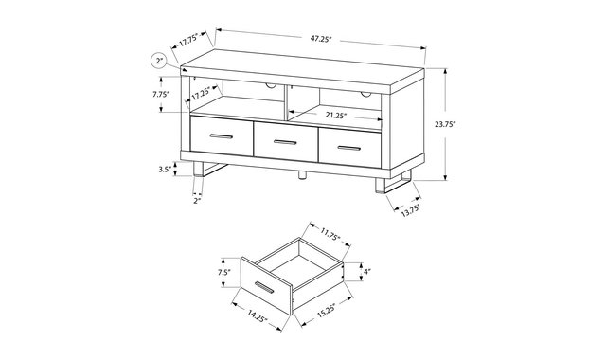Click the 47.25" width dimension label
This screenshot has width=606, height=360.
(x=321, y=39)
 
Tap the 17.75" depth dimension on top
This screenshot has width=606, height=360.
(x=188, y=40)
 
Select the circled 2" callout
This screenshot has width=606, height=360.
(x=159, y=61)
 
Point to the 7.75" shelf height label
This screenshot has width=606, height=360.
(x=161, y=94)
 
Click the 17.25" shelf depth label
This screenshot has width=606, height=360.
(x=201, y=93)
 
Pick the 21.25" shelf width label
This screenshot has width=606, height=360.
(x=336, y=115)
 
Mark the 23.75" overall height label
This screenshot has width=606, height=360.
(x=445, y=124)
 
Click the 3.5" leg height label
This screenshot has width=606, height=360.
(x=165, y=169)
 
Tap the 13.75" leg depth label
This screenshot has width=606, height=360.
(x=410, y=210)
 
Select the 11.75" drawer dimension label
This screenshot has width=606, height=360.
(x=330, y=234)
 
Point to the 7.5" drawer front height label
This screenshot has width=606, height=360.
(x=223, y=272)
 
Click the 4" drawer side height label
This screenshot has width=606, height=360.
(x=366, y=272)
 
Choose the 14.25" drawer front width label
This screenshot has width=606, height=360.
(x=258, y=315)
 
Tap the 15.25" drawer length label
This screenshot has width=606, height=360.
(x=327, y=310)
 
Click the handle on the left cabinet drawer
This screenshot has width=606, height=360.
(x=222, y=136)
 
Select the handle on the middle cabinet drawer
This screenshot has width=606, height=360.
(x=285, y=142)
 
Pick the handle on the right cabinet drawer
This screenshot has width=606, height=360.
(x=349, y=148)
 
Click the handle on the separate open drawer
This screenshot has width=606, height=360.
(x=264, y=288)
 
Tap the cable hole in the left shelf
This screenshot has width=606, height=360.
(x=270, y=85)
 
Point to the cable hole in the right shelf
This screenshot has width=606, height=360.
(x=365, y=93)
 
